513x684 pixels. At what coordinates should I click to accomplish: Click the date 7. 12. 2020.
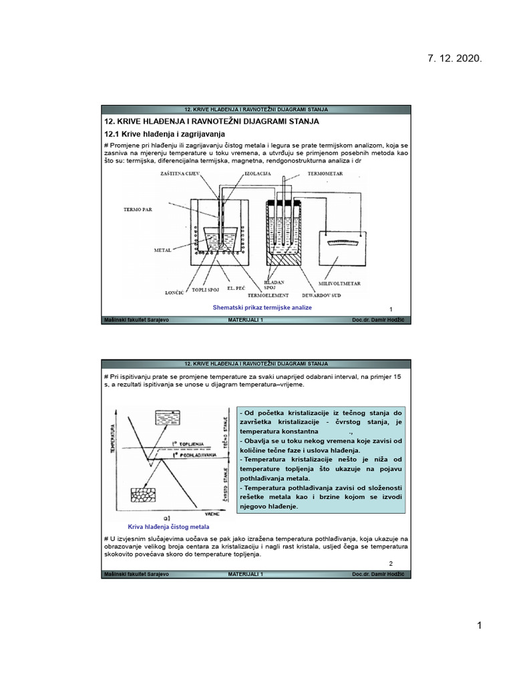pyautogui.click(x=454, y=59)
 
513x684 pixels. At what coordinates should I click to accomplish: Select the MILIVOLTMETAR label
pyautogui.click(x=341, y=284)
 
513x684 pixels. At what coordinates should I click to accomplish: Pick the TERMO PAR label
pyautogui.click(x=138, y=209)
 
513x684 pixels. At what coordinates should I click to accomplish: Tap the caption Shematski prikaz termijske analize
pyautogui.click(x=262, y=307)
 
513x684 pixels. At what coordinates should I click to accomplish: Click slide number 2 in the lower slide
pyautogui.click(x=391, y=563)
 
